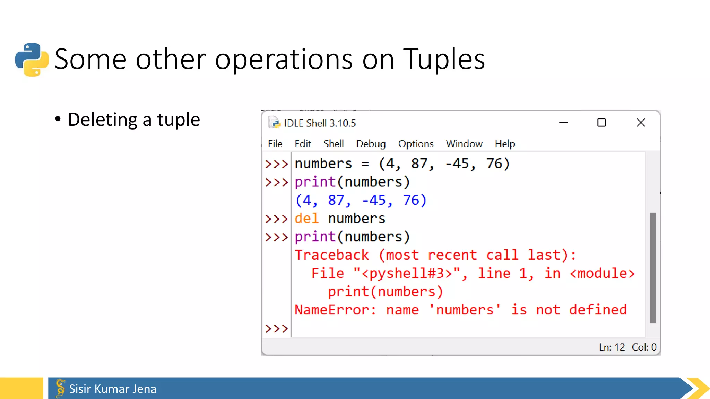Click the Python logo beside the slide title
pos(32,60)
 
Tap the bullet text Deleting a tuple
pos(134,120)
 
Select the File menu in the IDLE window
pos(275,144)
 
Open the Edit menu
pos(303,144)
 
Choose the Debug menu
pos(371,144)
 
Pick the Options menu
pos(416,144)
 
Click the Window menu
pos(464,144)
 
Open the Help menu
pos(505,144)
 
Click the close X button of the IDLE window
pos(641,123)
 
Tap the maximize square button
pos(601,123)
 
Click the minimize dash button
pos(563,123)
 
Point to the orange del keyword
pos(306,219)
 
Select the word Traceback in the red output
pos(332,255)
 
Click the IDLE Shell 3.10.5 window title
pos(320,123)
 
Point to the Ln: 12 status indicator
pos(612,347)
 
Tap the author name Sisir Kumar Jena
pos(113,389)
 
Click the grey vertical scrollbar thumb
pos(653,268)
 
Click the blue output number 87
pos(336,200)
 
